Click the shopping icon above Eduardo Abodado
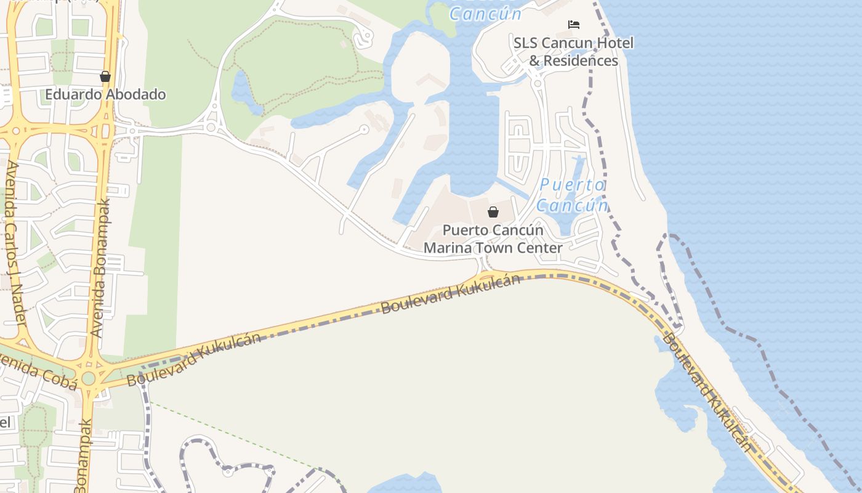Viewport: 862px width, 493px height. (x=105, y=76)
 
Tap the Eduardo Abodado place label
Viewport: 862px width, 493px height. (x=105, y=94)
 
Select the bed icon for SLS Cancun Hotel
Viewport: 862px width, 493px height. (x=574, y=25)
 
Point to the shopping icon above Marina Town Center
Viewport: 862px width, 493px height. (x=493, y=212)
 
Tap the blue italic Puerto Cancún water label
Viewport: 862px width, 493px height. (x=572, y=195)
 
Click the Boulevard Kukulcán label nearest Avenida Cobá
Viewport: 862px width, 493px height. (x=193, y=359)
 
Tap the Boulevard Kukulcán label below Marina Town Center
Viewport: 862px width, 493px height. (x=450, y=294)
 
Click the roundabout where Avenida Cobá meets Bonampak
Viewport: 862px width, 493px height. (x=88, y=378)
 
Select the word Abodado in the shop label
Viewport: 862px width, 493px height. (x=136, y=94)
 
